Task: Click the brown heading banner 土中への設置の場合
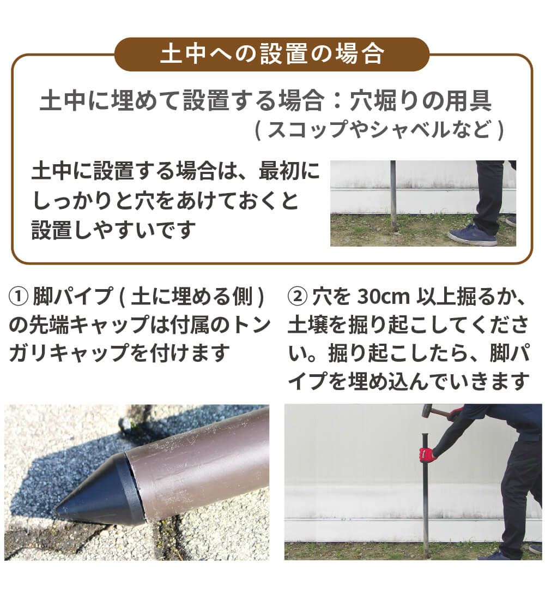272,55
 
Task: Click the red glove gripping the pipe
428,453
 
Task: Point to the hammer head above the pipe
428,411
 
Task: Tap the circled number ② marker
297,298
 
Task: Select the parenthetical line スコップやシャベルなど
379,130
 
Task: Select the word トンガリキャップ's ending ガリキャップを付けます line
117,354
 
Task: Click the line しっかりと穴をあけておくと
166,201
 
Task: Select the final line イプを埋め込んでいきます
409,381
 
